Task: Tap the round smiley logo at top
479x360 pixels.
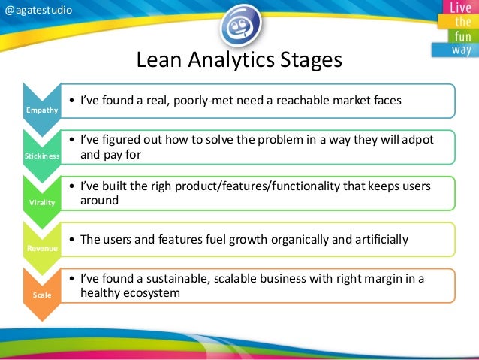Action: click(239, 25)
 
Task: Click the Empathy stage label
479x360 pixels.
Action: click(37, 111)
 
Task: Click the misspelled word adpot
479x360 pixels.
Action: click(417, 141)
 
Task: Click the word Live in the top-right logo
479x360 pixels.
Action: click(461, 8)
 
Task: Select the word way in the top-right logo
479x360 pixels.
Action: click(461, 50)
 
